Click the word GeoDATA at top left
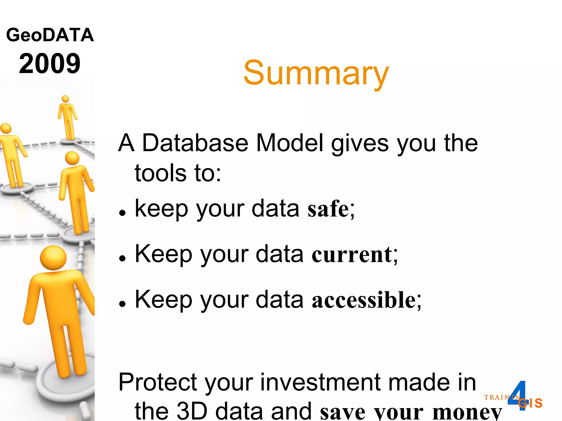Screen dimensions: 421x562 click(x=50, y=35)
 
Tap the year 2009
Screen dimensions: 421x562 click(x=50, y=64)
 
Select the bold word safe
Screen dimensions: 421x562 click(x=328, y=209)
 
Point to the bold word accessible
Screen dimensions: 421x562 click(x=364, y=300)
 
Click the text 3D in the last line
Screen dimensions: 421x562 click(x=192, y=411)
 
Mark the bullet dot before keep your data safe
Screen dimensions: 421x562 click(x=122, y=213)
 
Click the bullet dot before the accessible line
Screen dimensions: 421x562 click(x=122, y=304)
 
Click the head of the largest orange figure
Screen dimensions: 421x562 click(x=53, y=258)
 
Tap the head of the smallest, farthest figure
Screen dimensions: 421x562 click(x=65, y=99)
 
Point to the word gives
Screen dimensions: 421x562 click(x=360, y=143)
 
